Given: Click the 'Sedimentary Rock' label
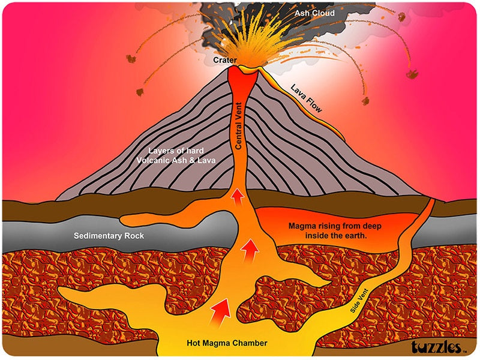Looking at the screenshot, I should pos(109,236).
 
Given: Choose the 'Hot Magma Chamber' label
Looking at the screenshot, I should pos(227,344).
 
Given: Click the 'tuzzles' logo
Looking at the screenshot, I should pos(436,347).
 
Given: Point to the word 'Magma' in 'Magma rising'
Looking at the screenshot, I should pos(302,226).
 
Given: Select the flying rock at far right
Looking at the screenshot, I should pos(412,74).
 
